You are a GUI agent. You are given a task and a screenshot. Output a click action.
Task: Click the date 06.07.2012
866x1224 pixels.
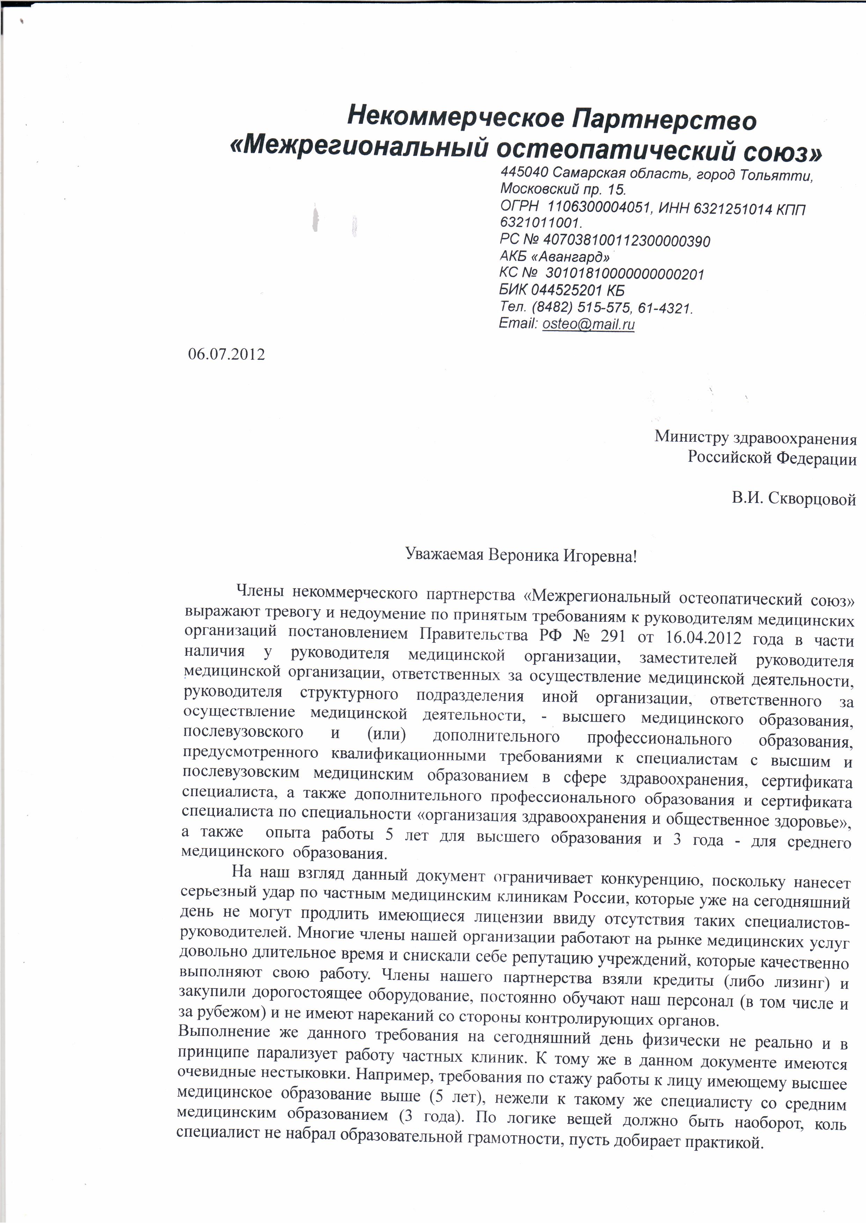coord(226,354)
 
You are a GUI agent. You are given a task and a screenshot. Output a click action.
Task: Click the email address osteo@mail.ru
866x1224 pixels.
coord(588,323)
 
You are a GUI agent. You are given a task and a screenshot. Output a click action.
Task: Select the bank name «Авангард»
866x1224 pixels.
coord(571,257)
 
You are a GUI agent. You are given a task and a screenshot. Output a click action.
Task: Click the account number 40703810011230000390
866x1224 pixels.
coord(626,241)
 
